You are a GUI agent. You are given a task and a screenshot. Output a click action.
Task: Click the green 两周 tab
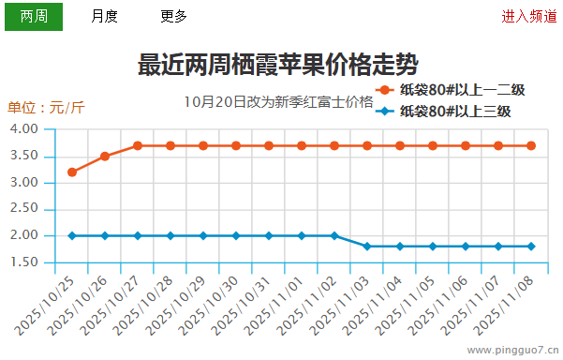(34, 16)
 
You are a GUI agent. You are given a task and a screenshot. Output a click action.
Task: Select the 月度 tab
(104, 16)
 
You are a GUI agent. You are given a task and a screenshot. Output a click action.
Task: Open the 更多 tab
(173, 16)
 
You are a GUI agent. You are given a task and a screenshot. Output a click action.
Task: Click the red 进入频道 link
(528, 16)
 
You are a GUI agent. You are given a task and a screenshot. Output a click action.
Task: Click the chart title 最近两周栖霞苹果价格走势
(278, 65)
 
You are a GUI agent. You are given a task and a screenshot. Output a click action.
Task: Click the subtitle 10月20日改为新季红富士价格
(278, 101)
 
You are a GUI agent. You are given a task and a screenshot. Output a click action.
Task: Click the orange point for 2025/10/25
(72, 172)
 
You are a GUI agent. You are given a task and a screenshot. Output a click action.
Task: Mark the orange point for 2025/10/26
(105, 156)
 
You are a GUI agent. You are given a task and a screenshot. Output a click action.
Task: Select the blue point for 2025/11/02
(334, 235)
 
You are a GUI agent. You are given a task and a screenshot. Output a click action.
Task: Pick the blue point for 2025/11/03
(367, 247)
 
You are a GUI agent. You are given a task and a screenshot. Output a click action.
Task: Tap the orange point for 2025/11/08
(531, 145)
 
